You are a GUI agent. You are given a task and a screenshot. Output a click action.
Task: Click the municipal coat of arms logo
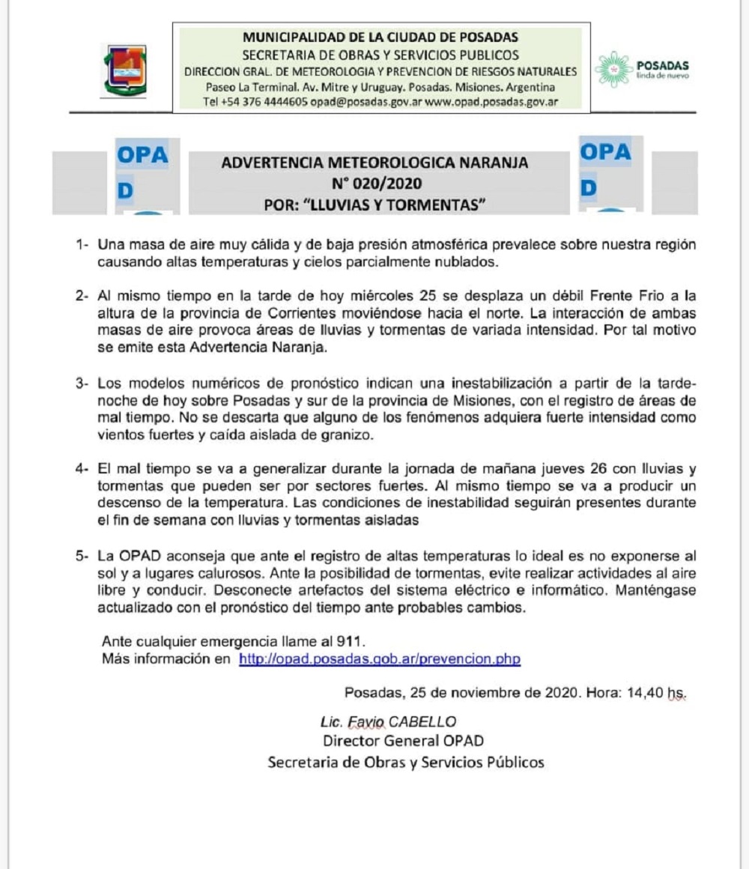click(x=124, y=69)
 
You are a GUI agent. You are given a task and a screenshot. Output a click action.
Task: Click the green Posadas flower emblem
click(x=613, y=69)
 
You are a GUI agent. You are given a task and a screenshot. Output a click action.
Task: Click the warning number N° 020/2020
click(x=377, y=183)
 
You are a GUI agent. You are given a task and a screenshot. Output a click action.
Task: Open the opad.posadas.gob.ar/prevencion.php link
click(x=380, y=659)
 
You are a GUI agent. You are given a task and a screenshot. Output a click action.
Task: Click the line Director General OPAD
click(x=403, y=742)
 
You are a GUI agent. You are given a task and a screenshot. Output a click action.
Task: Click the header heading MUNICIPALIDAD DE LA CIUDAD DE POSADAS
click(x=380, y=37)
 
